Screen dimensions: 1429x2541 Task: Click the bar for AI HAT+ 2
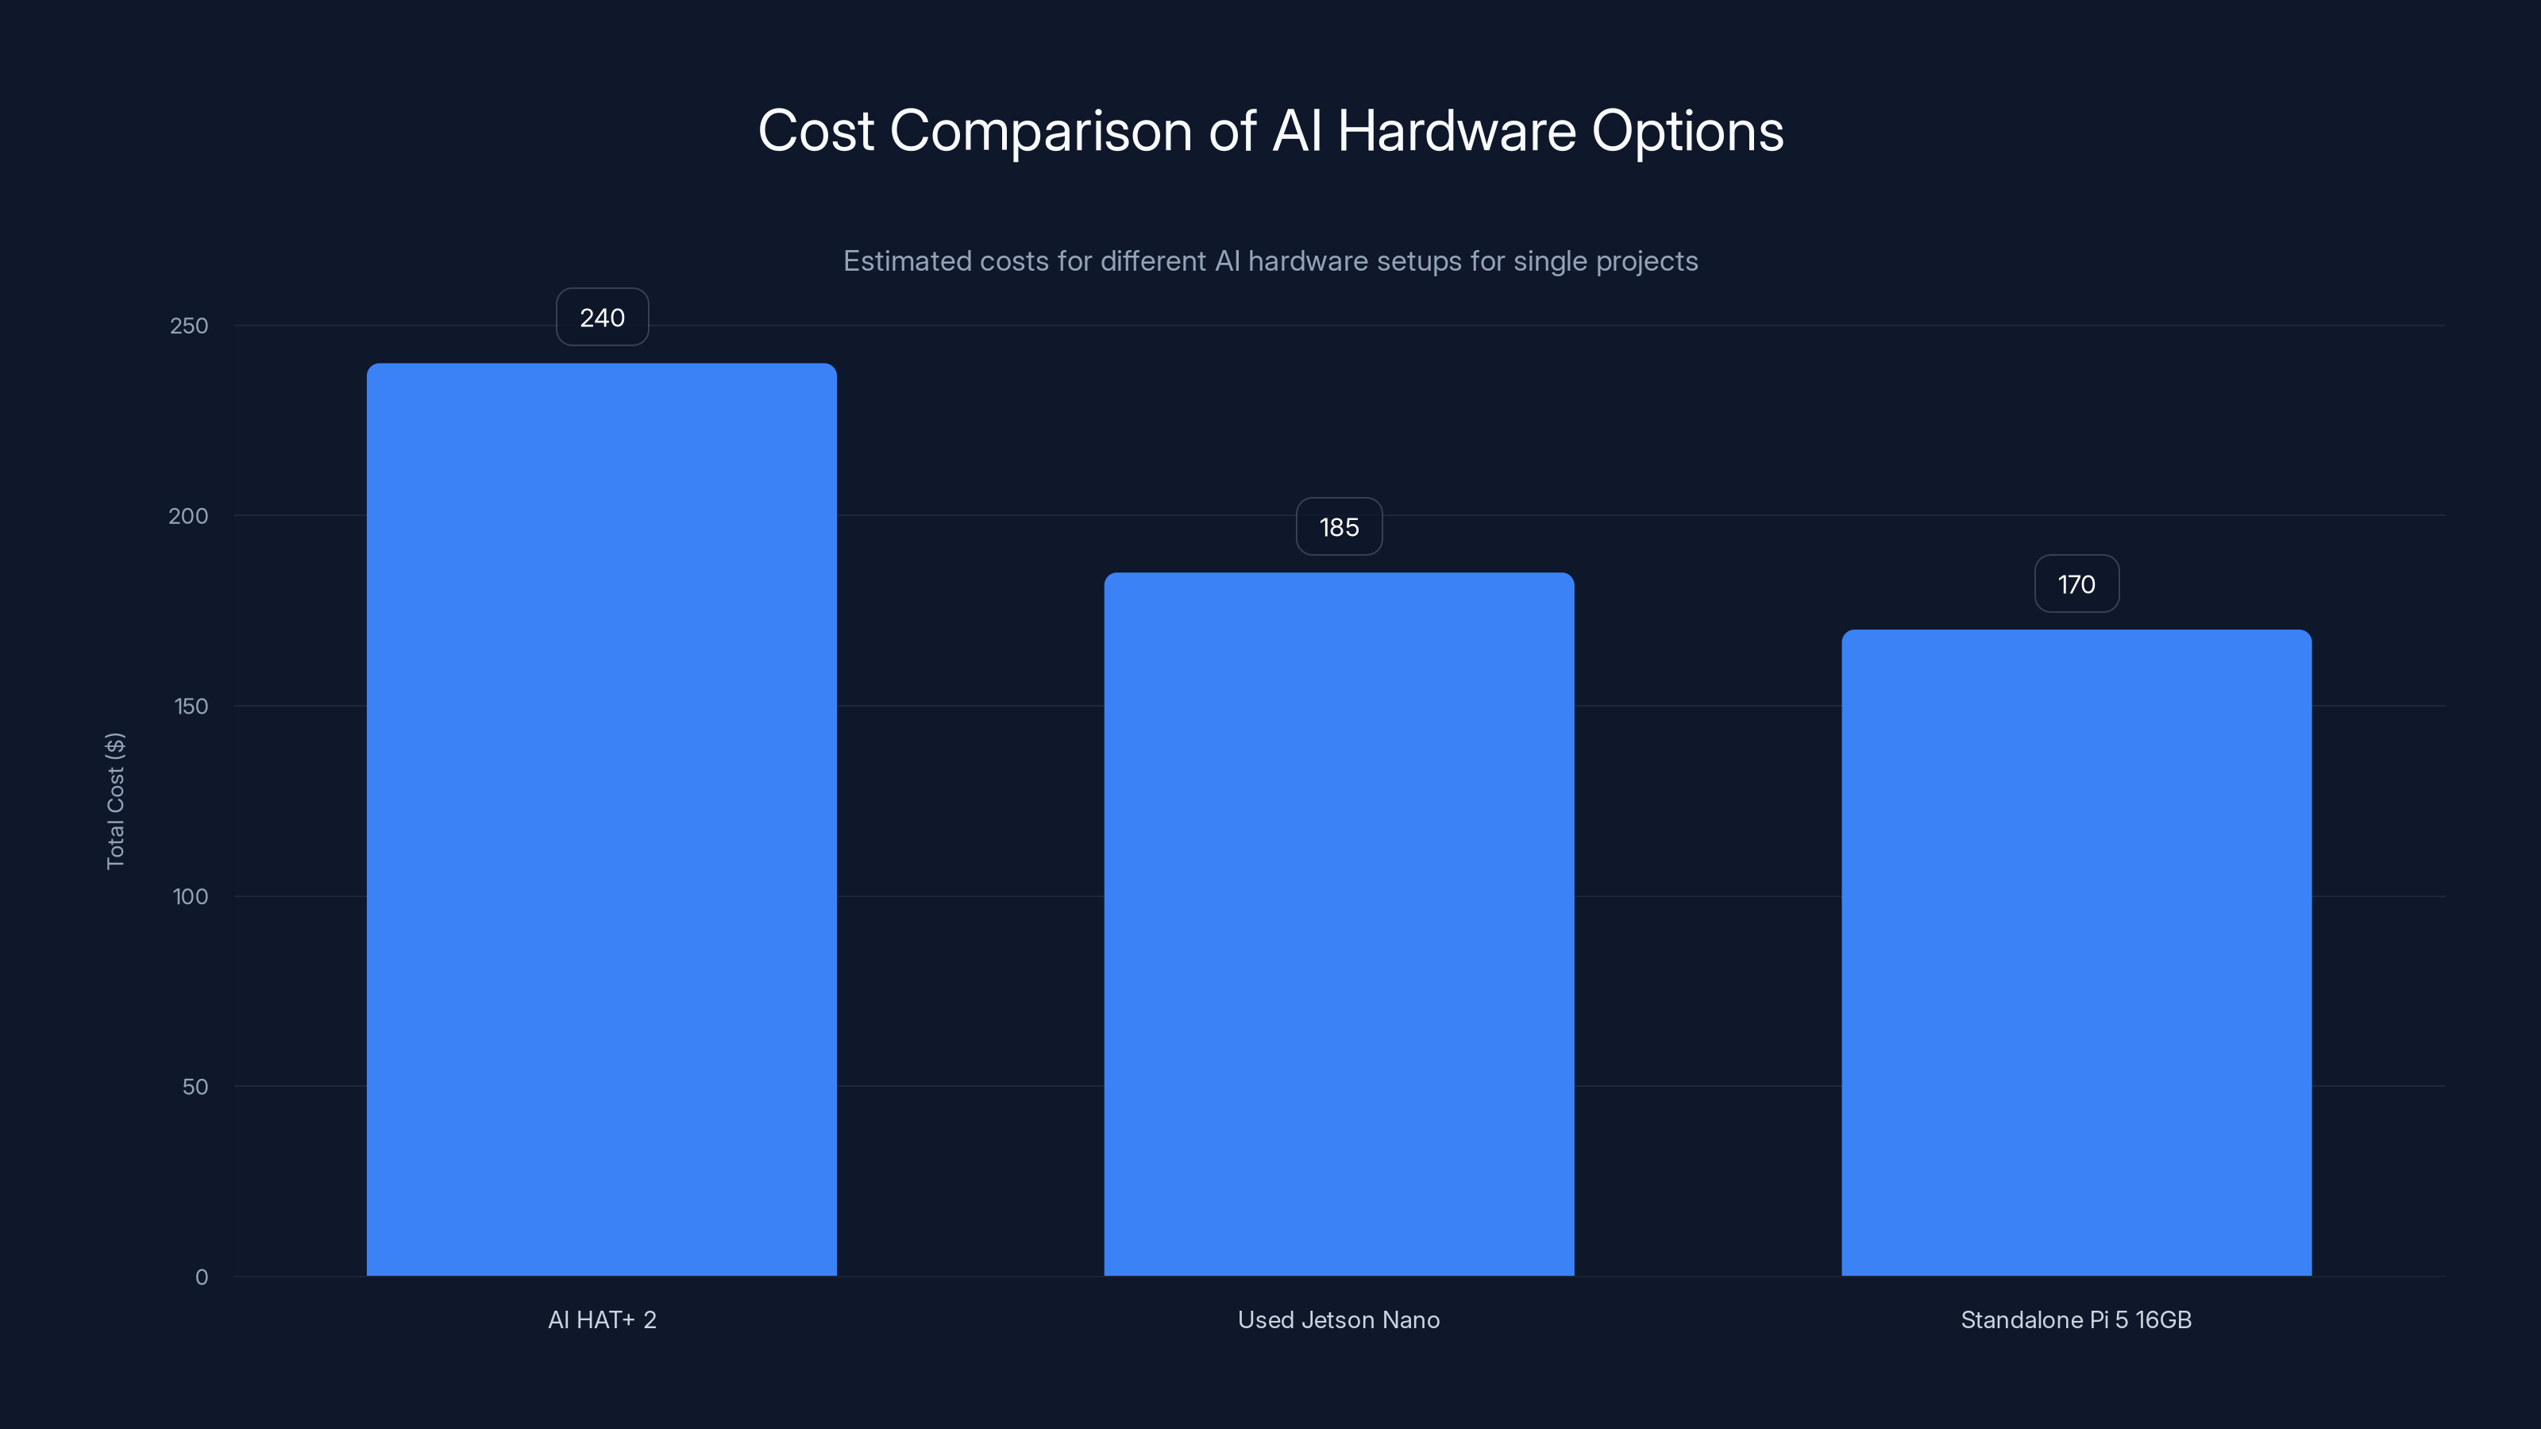602,818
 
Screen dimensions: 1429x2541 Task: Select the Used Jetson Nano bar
1339,924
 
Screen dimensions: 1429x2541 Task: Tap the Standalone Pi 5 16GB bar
2076,953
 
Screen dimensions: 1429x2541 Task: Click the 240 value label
602,318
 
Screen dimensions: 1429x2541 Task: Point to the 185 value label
1339,528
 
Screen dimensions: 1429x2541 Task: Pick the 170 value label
2076,585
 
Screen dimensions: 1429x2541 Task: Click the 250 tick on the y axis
190,325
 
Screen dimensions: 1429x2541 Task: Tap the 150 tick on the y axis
191,706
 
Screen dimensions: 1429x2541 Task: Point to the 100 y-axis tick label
191,896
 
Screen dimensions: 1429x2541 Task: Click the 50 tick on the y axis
195,1087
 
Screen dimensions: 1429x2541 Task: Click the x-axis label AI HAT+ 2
602,1319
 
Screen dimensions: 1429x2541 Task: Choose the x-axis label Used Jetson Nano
1339,1319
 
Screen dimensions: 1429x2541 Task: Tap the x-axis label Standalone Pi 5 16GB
2076,1319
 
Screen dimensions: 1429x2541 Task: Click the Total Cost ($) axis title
115,801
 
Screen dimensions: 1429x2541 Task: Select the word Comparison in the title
1041,132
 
